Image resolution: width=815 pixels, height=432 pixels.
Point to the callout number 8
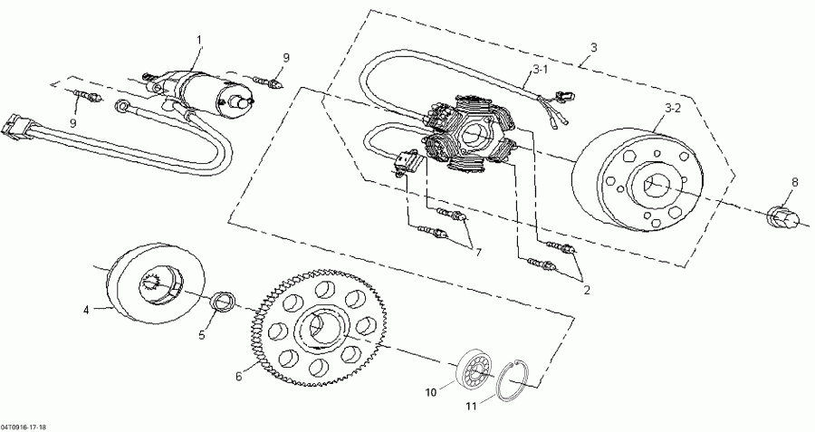(795, 182)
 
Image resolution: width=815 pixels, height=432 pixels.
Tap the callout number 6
(239, 374)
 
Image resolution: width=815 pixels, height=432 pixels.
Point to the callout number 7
(476, 253)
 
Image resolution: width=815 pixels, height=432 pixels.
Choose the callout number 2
(587, 292)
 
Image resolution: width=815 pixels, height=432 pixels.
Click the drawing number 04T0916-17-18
(25, 426)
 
